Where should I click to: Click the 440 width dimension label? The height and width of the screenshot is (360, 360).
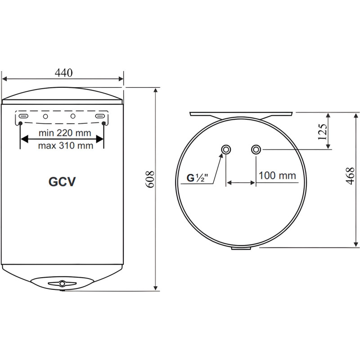[63, 72]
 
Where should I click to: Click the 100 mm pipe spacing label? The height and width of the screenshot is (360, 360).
[278, 175]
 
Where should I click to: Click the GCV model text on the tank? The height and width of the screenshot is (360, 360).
[62, 181]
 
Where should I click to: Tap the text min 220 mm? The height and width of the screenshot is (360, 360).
[64, 133]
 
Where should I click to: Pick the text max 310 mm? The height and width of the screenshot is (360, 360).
[65, 145]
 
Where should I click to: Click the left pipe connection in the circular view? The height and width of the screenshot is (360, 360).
[226, 149]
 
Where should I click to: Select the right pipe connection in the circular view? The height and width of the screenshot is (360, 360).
[256, 149]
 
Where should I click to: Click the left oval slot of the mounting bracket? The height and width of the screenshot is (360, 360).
[23, 116]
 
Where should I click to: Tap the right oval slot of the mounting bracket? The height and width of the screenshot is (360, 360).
[100, 116]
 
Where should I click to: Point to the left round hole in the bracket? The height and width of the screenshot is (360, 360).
[45, 116]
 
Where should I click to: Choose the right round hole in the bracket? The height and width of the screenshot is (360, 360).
[73, 116]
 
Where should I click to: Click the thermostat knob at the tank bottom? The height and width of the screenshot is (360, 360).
[62, 283]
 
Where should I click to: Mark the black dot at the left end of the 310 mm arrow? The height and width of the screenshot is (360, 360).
[20, 123]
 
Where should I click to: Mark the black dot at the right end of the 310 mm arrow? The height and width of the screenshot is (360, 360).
[104, 123]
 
